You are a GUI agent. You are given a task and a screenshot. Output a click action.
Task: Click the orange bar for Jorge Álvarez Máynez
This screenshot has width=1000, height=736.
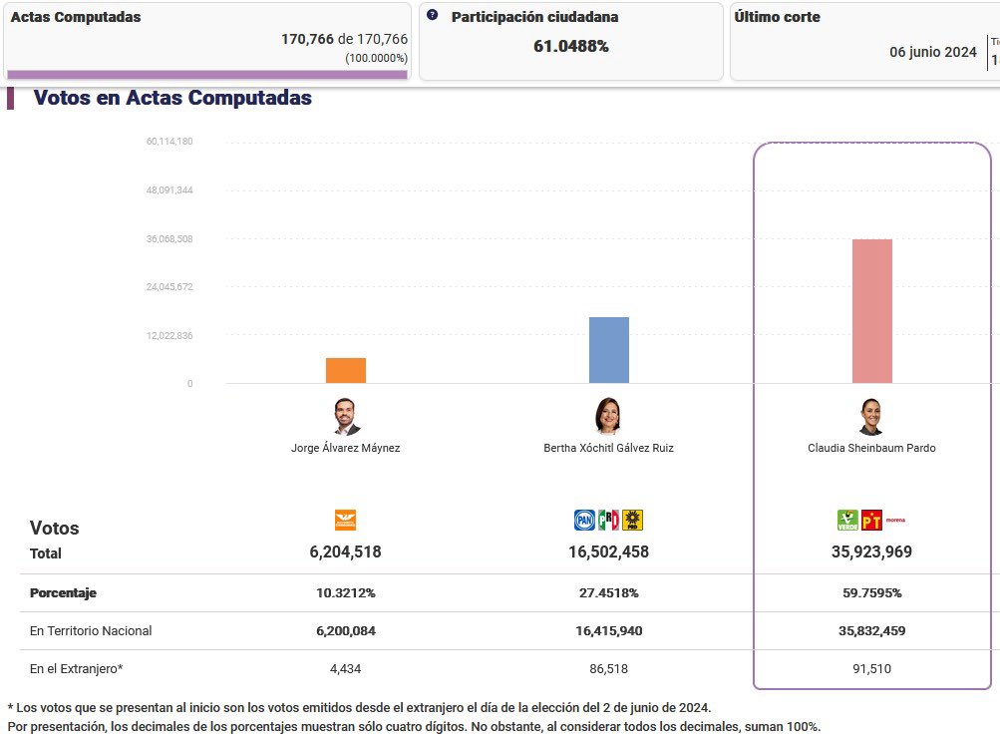346,370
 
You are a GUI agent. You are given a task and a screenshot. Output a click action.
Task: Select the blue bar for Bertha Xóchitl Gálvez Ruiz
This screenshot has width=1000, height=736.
609,350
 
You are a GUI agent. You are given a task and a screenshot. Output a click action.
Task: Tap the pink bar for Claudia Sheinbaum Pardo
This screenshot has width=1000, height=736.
872,311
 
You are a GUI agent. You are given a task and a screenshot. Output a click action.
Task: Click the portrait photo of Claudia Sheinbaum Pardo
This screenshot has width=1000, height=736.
871,417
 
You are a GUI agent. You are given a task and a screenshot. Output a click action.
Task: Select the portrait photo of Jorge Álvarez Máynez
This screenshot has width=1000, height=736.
346,417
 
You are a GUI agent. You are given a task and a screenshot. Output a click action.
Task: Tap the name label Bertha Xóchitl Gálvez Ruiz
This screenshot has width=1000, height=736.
608,449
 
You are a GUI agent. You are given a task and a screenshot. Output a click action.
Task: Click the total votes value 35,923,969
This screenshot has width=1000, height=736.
871,552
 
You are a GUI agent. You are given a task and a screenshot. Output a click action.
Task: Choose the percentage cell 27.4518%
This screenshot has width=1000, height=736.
608,593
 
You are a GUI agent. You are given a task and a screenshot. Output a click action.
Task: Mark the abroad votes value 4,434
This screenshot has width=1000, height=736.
346,669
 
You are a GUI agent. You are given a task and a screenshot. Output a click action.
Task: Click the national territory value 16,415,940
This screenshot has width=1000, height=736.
608,631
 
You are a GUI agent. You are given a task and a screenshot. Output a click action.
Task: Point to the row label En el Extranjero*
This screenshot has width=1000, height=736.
77,669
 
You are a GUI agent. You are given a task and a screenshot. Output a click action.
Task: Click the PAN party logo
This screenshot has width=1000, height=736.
584,520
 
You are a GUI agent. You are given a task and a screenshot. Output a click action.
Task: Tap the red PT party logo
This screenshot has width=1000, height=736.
871,520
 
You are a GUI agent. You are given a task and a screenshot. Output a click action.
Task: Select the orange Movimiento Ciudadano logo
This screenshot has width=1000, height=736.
345,520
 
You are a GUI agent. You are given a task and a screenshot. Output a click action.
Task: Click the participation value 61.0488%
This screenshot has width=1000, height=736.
571,46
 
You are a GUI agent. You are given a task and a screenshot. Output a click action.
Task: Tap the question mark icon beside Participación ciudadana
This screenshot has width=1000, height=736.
433,16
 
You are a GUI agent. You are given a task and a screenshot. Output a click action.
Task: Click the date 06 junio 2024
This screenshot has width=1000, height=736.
933,52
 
